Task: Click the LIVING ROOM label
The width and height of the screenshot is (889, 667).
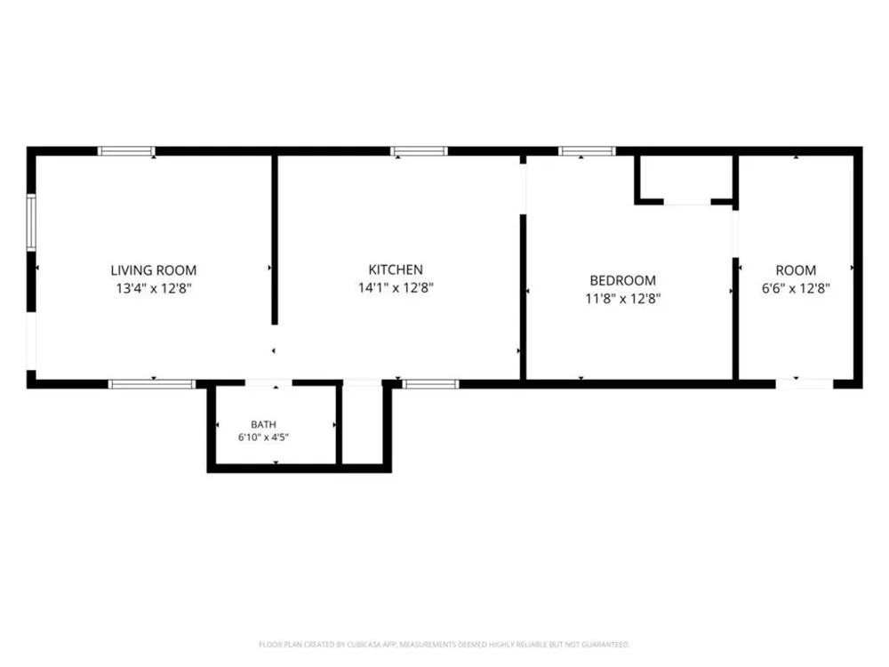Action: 154,270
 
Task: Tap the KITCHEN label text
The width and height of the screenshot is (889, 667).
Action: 396,269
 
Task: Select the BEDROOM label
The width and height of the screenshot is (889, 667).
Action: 623,280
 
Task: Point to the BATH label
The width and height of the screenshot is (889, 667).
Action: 264,424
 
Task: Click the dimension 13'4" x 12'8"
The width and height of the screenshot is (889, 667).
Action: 154,288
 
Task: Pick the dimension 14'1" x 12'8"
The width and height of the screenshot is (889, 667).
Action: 396,287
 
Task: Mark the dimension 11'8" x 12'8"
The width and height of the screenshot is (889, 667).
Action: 623,298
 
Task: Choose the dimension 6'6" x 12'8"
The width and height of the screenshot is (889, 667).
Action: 796,288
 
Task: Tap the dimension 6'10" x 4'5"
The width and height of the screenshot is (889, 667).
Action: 264,438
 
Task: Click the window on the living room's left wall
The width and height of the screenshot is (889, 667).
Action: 31,222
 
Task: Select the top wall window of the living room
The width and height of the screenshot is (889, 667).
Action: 126,151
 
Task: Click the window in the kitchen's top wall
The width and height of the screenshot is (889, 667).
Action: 419,151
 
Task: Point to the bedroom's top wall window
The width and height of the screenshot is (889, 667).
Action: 587,151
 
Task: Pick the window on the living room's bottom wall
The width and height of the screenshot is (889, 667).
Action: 151,384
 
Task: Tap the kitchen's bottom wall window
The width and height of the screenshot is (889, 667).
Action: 431,384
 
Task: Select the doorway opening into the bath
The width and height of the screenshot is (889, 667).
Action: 268,384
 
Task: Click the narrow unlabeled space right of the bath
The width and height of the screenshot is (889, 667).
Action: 363,425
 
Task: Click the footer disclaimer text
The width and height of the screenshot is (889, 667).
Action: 444,644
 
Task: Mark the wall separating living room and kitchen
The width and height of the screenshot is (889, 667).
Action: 275,240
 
